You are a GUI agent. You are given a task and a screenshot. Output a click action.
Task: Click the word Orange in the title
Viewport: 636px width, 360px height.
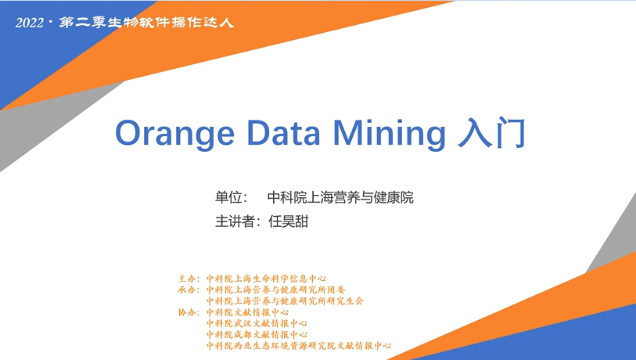(x=174, y=133)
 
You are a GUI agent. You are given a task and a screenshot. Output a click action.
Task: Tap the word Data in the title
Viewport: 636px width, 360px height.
(x=283, y=132)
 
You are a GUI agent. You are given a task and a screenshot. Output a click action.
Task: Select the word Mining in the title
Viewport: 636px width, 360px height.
(x=390, y=133)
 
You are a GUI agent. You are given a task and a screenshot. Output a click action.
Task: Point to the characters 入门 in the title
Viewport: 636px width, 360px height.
(x=491, y=133)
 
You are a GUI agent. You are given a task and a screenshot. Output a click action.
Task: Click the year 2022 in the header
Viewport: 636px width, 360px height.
(x=29, y=23)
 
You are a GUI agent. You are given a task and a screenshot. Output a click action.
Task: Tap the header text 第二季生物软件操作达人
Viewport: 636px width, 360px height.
(x=147, y=23)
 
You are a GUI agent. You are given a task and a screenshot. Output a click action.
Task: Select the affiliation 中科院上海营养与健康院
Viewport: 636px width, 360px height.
(x=340, y=198)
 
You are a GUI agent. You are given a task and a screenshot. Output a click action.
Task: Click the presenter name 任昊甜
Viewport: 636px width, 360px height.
(x=289, y=221)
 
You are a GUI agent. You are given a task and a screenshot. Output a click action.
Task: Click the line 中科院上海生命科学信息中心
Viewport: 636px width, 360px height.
(x=266, y=279)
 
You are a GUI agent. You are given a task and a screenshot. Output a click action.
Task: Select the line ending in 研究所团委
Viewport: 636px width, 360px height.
(x=276, y=290)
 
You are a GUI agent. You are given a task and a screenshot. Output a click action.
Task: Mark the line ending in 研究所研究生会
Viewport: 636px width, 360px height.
(x=285, y=301)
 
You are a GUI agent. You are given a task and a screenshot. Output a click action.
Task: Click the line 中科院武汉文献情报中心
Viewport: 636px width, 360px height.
(x=257, y=323)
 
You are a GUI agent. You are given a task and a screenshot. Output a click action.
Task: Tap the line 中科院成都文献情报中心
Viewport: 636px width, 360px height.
(x=257, y=335)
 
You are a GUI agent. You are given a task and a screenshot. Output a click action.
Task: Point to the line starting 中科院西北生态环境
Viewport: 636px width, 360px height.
(x=299, y=346)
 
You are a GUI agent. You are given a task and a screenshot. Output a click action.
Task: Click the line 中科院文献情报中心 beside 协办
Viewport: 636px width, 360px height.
(x=247, y=312)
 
